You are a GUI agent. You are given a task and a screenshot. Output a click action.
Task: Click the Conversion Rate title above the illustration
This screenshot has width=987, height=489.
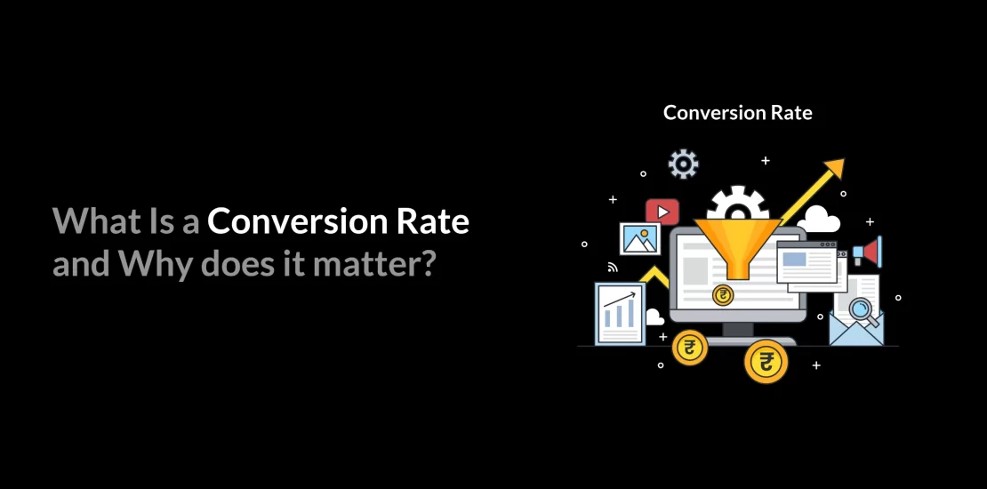point(738,113)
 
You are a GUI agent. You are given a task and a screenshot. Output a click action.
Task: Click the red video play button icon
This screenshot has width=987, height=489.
point(662,212)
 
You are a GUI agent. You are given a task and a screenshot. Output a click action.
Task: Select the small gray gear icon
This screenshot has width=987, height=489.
point(683,164)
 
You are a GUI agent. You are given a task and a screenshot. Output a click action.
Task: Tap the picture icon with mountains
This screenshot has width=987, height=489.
point(640,239)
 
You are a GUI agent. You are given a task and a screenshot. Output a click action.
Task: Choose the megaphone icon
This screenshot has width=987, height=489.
point(867,252)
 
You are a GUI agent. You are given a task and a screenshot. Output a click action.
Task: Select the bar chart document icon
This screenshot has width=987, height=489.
point(620,313)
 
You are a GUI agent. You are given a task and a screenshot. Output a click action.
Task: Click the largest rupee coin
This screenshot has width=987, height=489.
point(765,361)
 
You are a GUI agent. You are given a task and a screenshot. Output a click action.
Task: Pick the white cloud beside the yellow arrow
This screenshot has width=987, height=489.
point(818,219)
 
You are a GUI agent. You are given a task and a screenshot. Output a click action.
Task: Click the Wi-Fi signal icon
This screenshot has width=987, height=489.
point(612,266)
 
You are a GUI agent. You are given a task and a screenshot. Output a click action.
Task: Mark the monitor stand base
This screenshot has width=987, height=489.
point(737,340)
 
